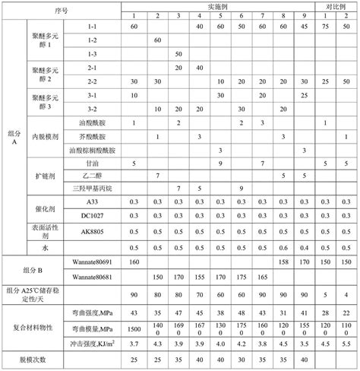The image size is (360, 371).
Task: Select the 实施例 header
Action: (x=220, y=5)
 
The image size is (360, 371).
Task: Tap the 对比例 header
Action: (x=336, y=5)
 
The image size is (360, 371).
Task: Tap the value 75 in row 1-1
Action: (x=325, y=27)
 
